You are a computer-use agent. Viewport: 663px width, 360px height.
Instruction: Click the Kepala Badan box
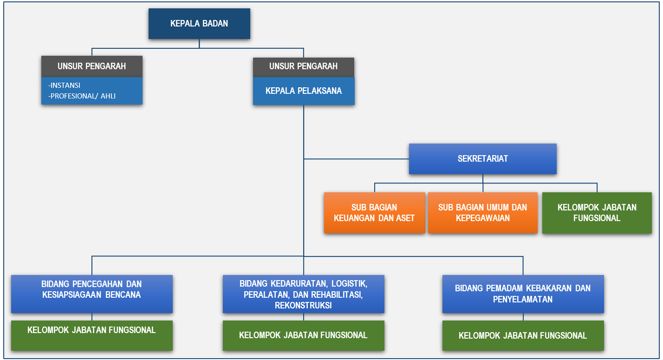(199, 24)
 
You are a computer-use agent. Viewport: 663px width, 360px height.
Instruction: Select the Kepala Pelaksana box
(304, 91)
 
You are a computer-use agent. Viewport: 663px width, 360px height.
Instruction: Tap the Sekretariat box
(483, 159)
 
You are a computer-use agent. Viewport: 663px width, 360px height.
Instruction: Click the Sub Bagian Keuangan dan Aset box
(374, 213)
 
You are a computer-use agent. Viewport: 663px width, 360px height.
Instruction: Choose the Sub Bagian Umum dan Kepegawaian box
(483, 213)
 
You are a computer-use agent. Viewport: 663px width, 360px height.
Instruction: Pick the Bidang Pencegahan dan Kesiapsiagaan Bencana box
(92, 294)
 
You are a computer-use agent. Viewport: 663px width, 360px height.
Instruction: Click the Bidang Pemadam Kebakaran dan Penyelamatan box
(523, 294)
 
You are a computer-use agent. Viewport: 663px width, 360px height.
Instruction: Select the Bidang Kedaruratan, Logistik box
(303, 294)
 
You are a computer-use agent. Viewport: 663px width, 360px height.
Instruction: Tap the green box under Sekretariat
(597, 213)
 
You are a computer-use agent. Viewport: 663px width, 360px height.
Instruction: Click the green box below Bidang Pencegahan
(92, 335)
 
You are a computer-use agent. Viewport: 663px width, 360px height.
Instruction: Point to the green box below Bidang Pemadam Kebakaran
(523, 335)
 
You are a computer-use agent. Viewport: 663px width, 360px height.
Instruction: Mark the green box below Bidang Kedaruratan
(303, 335)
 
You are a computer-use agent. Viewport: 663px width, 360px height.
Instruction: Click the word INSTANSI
(65, 85)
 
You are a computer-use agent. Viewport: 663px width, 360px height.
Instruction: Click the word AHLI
(108, 96)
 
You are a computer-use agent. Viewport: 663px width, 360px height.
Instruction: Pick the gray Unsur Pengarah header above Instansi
(92, 66)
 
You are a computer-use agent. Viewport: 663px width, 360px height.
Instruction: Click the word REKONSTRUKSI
(303, 306)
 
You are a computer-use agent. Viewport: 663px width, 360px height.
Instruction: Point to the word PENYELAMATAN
(523, 299)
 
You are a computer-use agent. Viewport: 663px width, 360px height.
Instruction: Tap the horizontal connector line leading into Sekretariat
(357, 159)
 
